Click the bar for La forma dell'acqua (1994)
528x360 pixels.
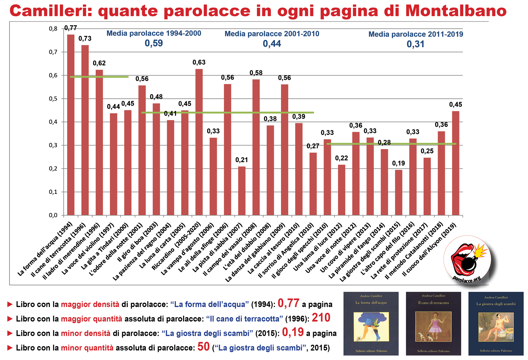(x=71, y=125)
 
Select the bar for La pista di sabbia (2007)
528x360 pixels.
(x=242, y=191)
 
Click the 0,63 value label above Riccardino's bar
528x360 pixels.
(x=199, y=63)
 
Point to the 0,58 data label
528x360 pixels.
(x=256, y=73)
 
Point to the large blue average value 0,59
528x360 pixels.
(x=154, y=43)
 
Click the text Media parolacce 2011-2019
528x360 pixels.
(x=416, y=34)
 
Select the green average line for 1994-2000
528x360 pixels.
(x=99, y=77)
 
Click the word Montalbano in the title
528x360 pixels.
(x=456, y=11)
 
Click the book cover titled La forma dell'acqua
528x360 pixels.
(x=371, y=324)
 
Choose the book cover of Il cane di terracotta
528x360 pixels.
(x=433, y=324)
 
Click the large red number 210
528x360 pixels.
(x=321, y=318)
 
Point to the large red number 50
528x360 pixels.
(x=204, y=347)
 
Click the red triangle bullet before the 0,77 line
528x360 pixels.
(x=10, y=304)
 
